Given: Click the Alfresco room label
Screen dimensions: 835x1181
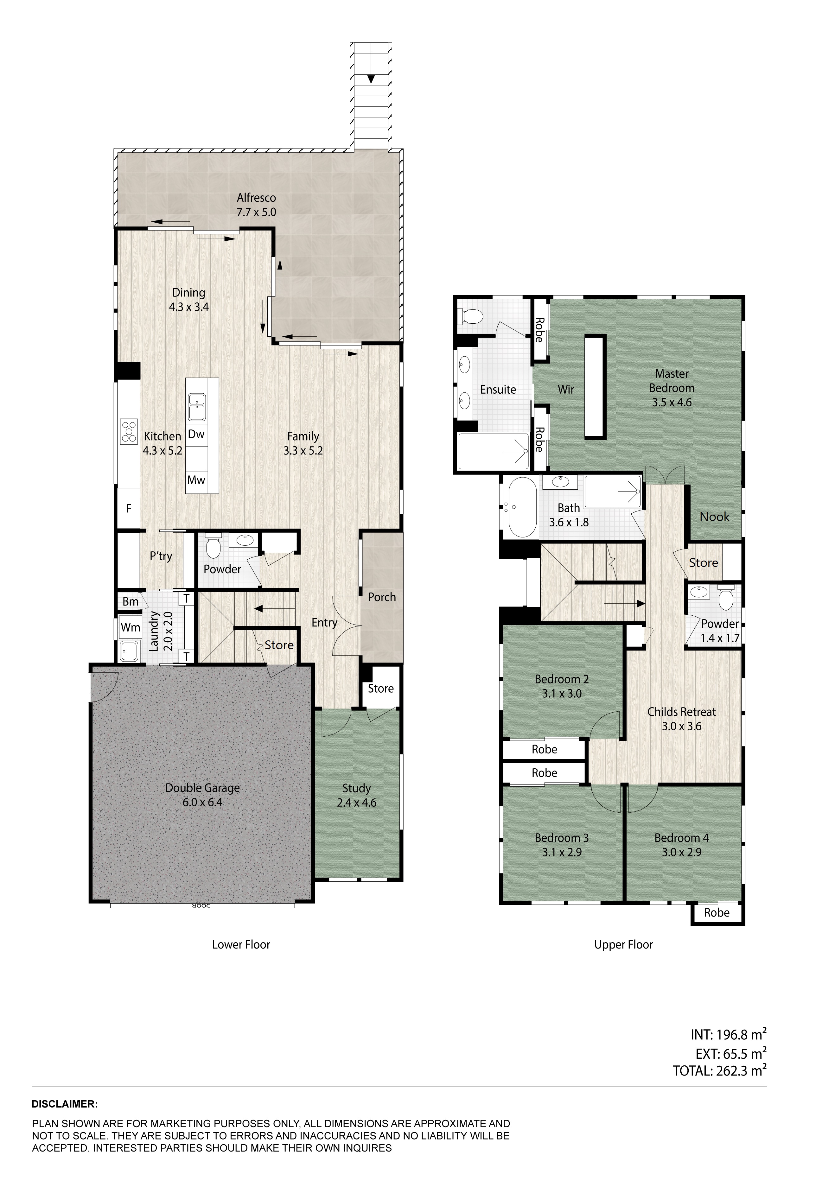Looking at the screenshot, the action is pyautogui.click(x=256, y=198).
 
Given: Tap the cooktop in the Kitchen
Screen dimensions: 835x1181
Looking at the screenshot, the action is pyautogui.click(x=129, y=431).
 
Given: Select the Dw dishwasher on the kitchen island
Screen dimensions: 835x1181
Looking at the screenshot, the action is pyautogui.click(x=196, y=434).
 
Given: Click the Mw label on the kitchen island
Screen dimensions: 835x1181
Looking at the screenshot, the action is pyautogui.click(x=196, y=480).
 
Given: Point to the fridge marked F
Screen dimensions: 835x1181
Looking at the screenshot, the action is pyautogui.click(x=129, y=508).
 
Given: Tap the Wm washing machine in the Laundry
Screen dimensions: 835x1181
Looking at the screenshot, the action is pyautogui.click(x=130, y=627).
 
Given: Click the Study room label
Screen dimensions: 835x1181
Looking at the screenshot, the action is pyautogui.click(x=357, y=788).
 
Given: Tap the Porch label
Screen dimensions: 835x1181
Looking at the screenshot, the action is pyautogui.click(x=382, y=597).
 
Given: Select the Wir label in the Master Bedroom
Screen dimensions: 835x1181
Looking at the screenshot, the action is pyautogui.click(x=566, y=389).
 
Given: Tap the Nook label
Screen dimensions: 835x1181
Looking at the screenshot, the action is pyautogui.click(x=715, y=517).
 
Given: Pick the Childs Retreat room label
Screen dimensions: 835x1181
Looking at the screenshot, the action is pyautogui.click(x=682, y=712).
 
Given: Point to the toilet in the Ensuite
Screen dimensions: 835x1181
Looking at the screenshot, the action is pyautogui.click(x=469, y=316).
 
